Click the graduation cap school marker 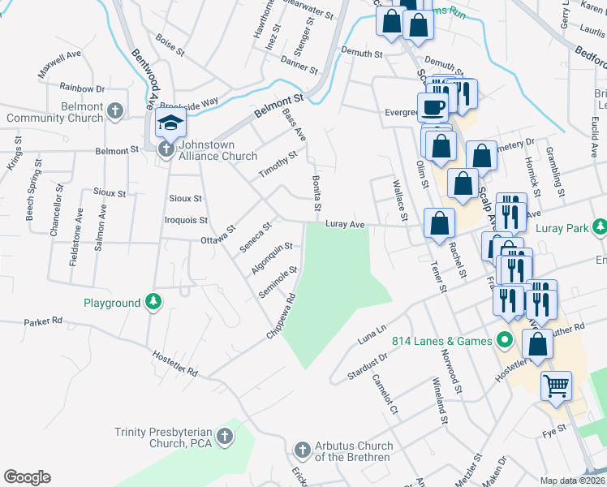(170, 123)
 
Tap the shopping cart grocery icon (556, 386)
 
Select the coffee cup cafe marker (432, 107)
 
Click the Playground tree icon (153, 303)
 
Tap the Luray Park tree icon (600, 228)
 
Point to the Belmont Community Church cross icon (115, 110)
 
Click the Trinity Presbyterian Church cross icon (225, 437)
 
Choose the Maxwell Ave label (60, 66)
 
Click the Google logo (27, 477)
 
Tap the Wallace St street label (398, 201)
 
